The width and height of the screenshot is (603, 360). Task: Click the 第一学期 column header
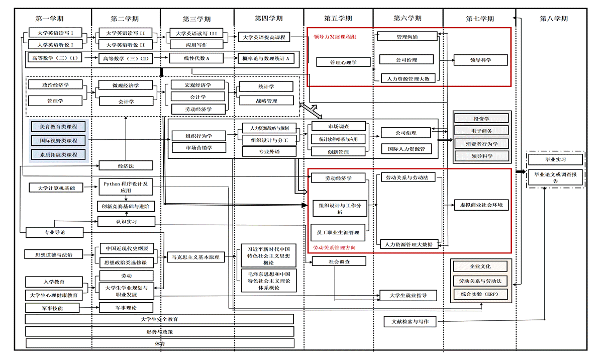49,19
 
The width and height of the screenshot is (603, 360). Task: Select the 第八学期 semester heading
554,19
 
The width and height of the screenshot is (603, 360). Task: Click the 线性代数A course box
196,58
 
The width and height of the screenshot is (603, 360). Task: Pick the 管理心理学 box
343,62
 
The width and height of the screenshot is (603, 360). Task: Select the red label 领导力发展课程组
335,37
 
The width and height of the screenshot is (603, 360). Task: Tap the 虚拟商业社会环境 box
481,205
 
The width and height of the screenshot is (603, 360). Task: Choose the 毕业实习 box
555,160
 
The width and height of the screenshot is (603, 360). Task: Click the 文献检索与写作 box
410,321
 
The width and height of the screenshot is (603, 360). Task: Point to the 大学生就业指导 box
408,295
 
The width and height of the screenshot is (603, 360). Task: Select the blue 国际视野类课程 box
58,140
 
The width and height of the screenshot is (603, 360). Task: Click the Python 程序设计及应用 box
126,187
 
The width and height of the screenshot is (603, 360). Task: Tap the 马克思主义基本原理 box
196,257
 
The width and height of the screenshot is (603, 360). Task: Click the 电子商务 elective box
481,131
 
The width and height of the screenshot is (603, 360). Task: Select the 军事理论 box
126,307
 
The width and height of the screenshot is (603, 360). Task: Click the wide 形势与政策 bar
159,332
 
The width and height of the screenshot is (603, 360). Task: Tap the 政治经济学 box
55,85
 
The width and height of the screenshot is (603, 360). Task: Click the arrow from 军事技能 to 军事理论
91,307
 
